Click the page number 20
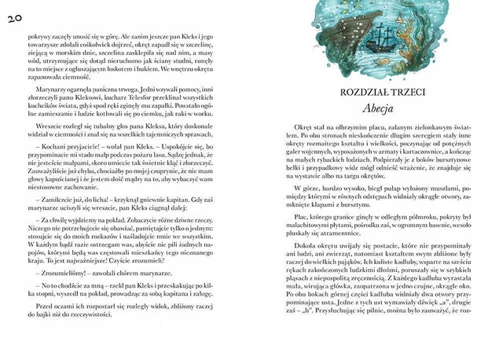tap(15, 18)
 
